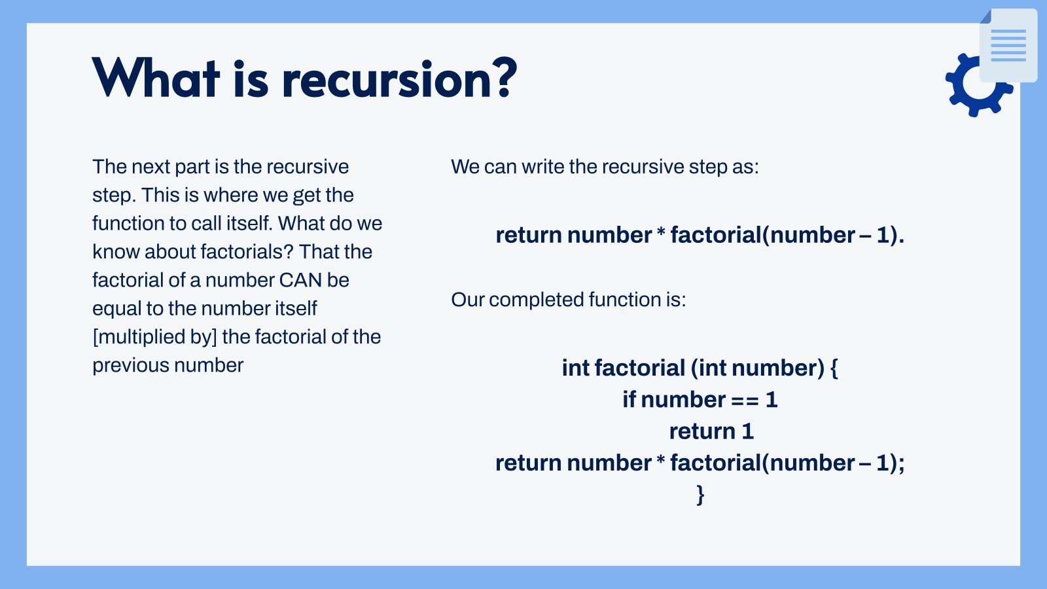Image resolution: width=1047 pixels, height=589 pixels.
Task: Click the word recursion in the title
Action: (x=389, y=79)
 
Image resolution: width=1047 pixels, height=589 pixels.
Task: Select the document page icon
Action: (x=1008, y=45)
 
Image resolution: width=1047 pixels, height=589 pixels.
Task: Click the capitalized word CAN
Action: (x=300, y=281)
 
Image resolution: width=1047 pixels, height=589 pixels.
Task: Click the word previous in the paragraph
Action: (x=130, y=366)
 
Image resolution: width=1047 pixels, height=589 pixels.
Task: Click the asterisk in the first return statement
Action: (x=661, y=234)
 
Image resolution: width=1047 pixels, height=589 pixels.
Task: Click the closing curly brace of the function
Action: (x=700, y=495)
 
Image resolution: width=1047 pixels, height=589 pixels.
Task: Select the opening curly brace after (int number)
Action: (x=834, y=368)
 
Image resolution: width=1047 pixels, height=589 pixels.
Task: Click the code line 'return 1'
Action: (x=711, y=431)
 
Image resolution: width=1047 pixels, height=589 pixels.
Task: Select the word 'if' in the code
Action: (x=629, y=400)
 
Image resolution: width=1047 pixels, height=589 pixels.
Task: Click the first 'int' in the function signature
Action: (x=576, y=368)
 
